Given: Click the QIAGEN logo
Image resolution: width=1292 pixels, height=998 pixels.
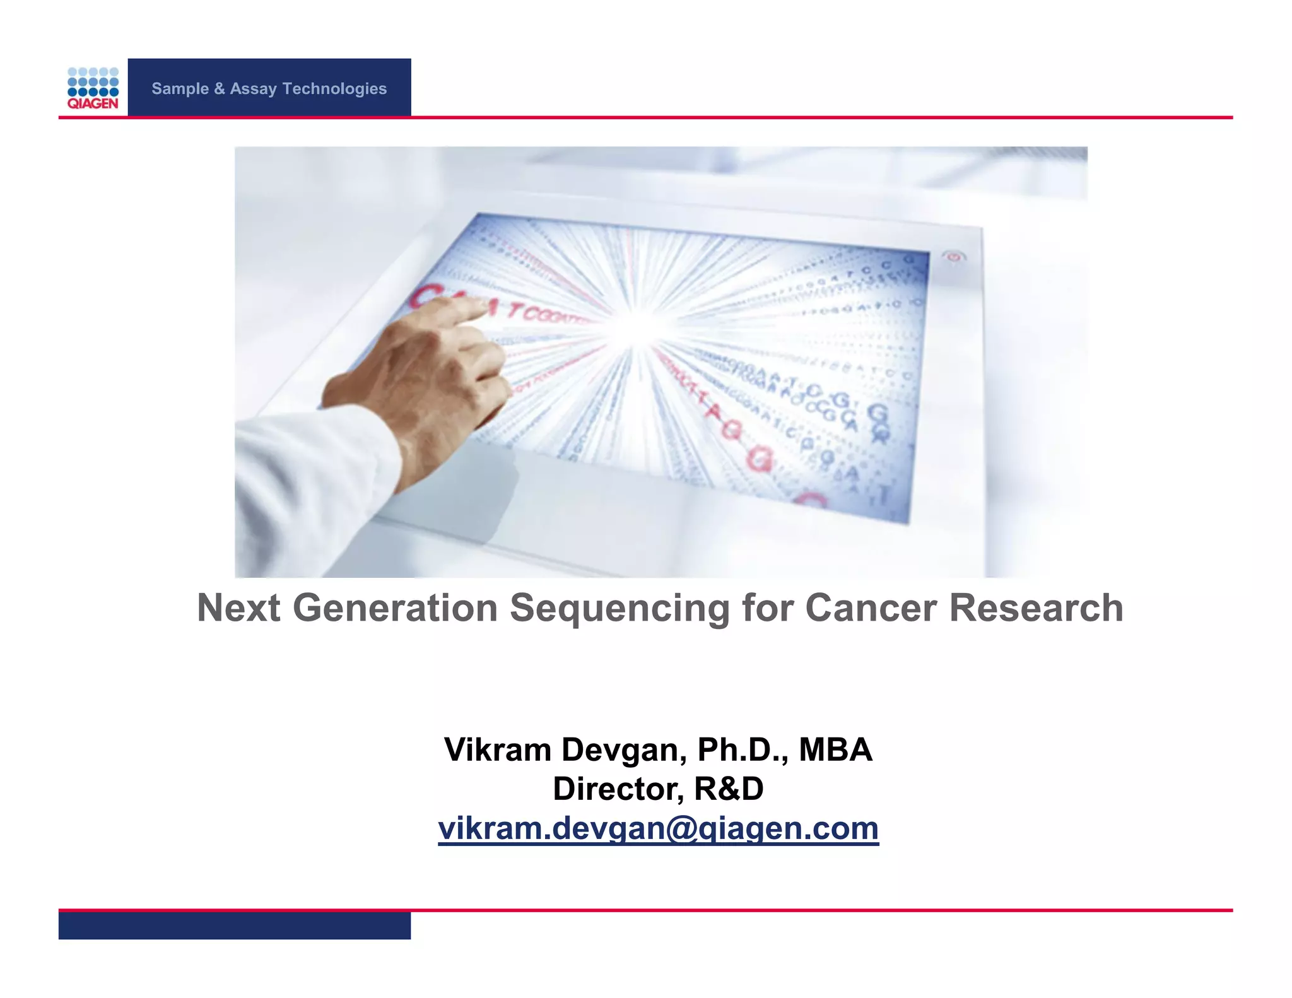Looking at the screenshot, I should click(x=93, y=88).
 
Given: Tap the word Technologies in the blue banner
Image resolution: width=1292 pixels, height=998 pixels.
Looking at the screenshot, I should click(x=334, y=88).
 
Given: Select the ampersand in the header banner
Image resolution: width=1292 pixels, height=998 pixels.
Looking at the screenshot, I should click(x=219, y=88).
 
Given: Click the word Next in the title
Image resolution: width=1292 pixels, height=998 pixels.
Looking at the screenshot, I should click(x=238, y=608).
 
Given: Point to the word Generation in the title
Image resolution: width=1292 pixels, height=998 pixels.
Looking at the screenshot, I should click(x=395, y=608).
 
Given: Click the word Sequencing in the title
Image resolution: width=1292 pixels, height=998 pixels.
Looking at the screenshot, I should click(x=620, y=608).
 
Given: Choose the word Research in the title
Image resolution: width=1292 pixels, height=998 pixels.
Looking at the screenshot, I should click(x=1036, y=608).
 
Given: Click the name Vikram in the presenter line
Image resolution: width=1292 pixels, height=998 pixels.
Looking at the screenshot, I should click(x=498, y=749).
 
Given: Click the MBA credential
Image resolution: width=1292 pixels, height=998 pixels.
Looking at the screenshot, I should click(x=835, y=749).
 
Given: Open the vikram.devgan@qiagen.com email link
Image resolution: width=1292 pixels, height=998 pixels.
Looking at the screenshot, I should click(x=658, y=828).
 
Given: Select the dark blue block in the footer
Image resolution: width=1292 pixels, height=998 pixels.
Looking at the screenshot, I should click(x=234, y=925).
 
